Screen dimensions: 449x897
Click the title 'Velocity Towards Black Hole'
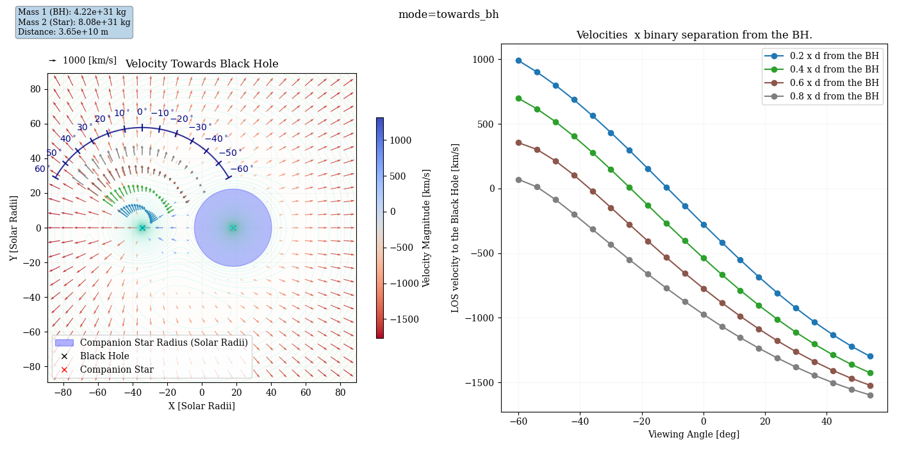pos(201,64)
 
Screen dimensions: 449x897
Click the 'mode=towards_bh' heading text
pos(448,15)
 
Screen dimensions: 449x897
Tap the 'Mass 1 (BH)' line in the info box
pos(72,12)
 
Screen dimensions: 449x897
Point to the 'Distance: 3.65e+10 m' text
pos(63,32)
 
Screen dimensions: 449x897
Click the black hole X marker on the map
pos(142,228)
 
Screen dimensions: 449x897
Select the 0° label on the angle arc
pos(142,112)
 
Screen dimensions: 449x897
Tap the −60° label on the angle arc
pos(241,169)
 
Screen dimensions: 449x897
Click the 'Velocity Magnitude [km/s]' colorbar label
pos(427,228)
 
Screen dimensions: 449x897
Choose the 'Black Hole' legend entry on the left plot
pos(104,356)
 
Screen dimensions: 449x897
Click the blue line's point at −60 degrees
pos(518,60)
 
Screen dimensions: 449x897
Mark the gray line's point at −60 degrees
pos(518,180)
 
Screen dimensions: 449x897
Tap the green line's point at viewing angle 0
pos(704,258)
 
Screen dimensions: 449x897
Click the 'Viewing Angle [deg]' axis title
pos(693,434)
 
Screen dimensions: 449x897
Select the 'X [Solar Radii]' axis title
pos(201,406)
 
